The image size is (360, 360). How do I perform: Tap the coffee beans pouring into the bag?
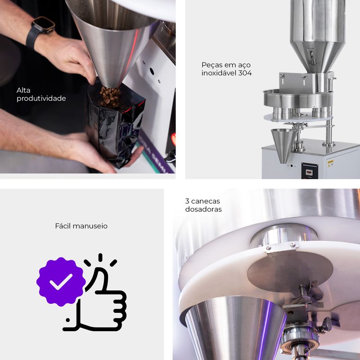(x=110, y=96)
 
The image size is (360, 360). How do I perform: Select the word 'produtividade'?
(x=41, y=99)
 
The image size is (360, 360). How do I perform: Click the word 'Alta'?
(x=23, y=90)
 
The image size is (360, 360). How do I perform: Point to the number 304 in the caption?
(x=245, y=73)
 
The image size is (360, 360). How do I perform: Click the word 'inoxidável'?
(x=219, y=73)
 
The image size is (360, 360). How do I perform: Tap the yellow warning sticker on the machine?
(x=331, y=163)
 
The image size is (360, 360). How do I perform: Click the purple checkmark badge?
(x=61, y=282)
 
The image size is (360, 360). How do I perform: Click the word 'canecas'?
(x=206, y=201)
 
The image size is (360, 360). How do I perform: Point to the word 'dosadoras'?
(x=203, y=209)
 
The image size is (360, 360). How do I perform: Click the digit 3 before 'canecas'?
(x=187, y=201)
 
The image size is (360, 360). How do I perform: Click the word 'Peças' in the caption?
(x=212, y=65)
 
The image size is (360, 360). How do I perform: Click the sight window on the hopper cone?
(x=312, y=56)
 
